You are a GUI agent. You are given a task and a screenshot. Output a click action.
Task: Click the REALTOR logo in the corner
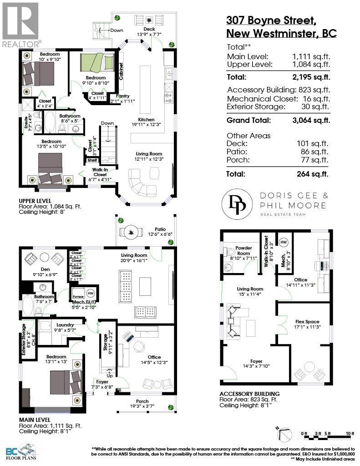[20, 24]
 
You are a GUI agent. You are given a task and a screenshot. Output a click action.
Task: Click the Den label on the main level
[45, 269]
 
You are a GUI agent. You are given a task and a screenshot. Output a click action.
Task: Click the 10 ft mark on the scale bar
[350, 433]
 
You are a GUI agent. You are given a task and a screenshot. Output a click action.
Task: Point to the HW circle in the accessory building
[284, 242]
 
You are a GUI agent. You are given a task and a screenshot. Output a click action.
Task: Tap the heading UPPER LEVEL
[35, 201]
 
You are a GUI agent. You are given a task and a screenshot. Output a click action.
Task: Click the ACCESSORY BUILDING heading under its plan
[249, 394]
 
